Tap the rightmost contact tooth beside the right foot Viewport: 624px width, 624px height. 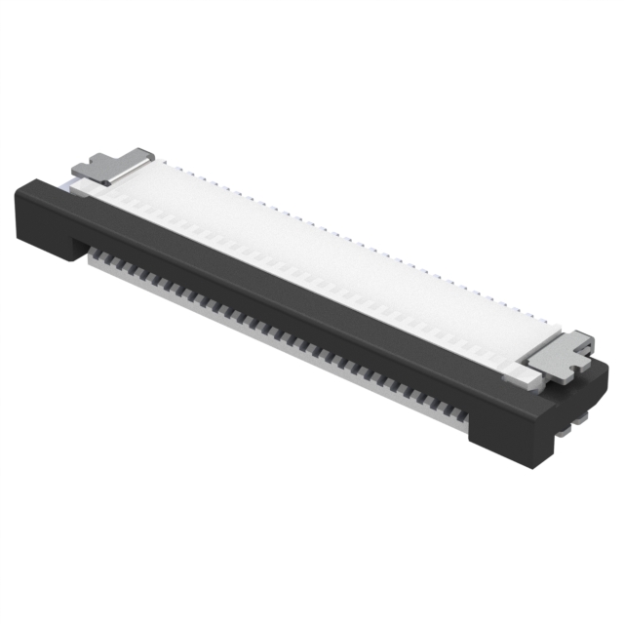[458, 413]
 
